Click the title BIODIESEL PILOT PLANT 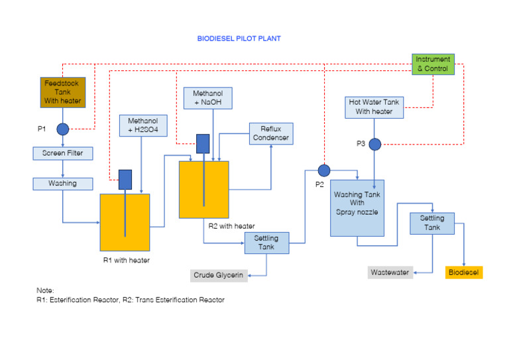(239, 38)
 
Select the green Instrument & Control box (433, 64)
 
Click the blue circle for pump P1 (62, 129)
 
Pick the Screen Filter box (62, 154)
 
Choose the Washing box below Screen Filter (62, 183)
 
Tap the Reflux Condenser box (270, 133)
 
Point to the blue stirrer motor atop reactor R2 (203, 143)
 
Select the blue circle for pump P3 (375, 144)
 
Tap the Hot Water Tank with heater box (374, 107)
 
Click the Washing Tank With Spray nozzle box (357, 208)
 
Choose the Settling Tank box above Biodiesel (431, 223)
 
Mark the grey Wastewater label (390, 272)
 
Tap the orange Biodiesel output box (463, 272)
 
